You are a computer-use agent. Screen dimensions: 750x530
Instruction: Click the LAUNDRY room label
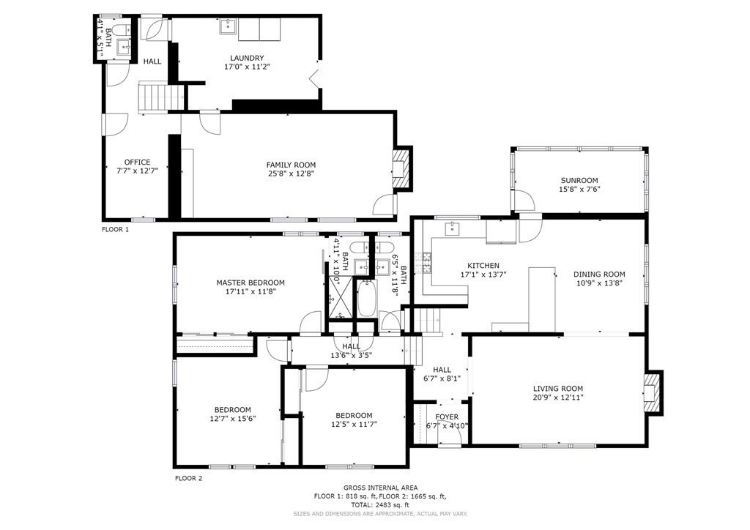tap(247, 59)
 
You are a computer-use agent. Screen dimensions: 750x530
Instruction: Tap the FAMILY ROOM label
tap(291, 165)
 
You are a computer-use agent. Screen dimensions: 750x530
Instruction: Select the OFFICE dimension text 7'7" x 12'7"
tap(137, 170)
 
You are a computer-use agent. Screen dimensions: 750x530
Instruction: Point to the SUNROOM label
tap(579, 180)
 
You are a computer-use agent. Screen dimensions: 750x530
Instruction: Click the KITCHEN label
tap(483, 266)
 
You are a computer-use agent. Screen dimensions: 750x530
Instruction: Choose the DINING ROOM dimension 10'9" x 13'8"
tap(599, 283)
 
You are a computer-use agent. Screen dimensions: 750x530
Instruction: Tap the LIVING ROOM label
tap(558, 389)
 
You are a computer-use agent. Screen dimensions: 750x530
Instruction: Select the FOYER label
tap(447, 417)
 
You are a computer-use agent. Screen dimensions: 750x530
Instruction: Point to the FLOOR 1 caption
tap(115, 229)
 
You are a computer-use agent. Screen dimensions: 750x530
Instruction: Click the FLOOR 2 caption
tap(188, 478)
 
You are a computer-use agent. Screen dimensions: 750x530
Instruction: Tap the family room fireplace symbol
tap(401, 170)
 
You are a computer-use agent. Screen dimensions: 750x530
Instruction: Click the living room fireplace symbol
tap(652, 392)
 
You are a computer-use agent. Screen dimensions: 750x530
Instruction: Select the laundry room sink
tap(229, 27)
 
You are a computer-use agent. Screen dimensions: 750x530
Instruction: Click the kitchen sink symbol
tap(452, 229)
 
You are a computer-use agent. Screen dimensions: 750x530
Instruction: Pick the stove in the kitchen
tap(426, 262)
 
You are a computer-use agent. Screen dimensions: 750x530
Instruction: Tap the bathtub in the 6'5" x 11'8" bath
tap(367, 298)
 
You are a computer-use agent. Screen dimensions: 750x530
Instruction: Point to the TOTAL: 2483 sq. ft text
tap(380, 504)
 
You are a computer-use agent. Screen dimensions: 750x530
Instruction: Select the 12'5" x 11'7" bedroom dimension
tap(354, 424)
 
